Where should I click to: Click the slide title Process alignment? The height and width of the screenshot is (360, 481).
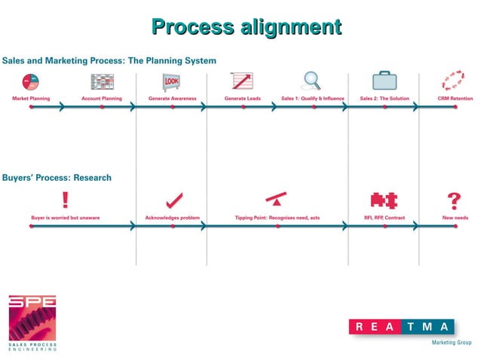click(247, 28)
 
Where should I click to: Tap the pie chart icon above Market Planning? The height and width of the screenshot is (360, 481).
click(31, 81)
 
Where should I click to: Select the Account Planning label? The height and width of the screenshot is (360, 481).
click(102, 98)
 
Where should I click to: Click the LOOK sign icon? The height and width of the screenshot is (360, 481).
click(173, 81)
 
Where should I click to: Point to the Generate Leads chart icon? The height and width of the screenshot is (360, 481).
click(242, 81)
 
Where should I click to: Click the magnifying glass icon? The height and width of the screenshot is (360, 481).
click(311, 80)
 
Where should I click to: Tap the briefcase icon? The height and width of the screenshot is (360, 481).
click(384, 81)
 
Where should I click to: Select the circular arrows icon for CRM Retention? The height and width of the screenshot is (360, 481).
click(455, 81)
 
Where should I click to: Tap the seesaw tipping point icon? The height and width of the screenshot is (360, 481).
click(277, 200)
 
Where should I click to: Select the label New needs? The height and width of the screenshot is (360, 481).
click(455, 218)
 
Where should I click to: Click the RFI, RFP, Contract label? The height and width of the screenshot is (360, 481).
click(384, 218)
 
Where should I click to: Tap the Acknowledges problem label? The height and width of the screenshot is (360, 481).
click(173, 218)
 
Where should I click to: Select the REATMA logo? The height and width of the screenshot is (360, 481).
click(402, 326)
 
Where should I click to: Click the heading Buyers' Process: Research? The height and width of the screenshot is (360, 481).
click(57, 178)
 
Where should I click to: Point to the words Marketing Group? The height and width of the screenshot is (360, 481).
click(451, 343)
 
